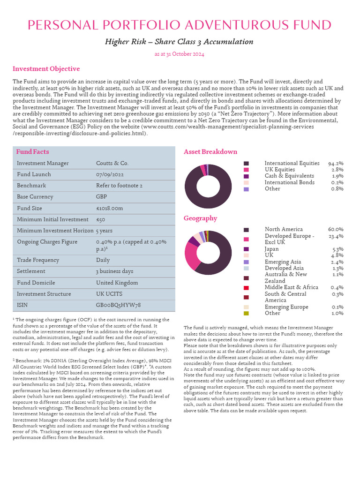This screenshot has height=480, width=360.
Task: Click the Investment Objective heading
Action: coord(46,69)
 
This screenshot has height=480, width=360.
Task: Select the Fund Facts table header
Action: coord(32,152)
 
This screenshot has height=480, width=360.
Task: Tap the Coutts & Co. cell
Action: coord(112,163)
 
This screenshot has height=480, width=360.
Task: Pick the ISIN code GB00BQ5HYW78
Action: coord(118,305)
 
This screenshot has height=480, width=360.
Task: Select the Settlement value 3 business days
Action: coord(115,271)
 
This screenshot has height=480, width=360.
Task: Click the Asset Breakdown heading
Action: coord(210,152)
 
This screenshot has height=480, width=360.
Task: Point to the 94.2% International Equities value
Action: coord(336,163)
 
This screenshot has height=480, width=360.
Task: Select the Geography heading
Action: coord(200,218)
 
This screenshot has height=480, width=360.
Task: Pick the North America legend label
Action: coord(284,229)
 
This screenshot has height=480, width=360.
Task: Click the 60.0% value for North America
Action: coord(336,229)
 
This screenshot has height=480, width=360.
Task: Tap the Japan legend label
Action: coord(271,249)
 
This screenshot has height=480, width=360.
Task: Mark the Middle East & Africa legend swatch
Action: coord(246,287)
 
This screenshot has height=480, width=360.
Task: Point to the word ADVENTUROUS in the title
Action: coord(226,25)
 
